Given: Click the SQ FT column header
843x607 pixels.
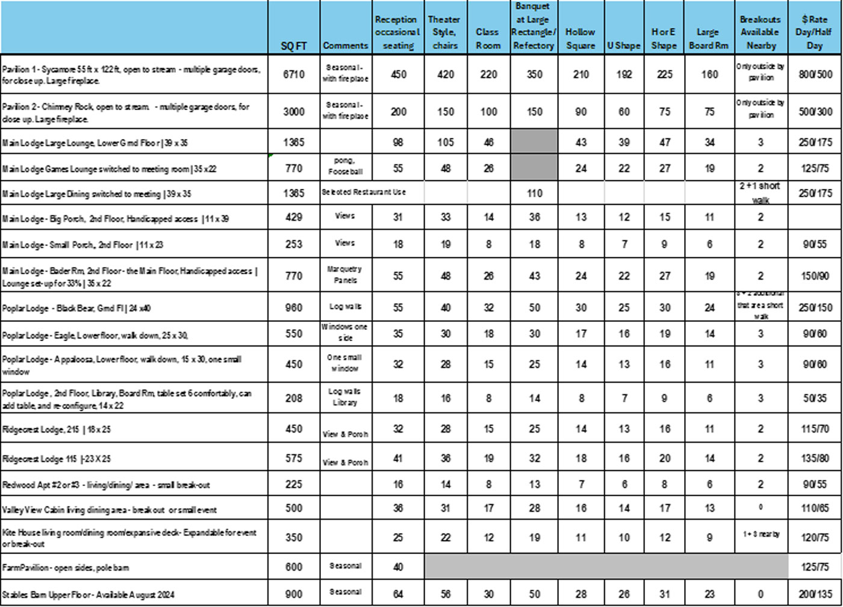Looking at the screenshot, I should click(294, 46).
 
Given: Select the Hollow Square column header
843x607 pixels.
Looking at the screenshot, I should click(580, 39).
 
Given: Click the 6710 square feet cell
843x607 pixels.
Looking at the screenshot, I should click(294, 74).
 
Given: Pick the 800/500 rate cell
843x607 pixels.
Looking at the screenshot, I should click(815, 74).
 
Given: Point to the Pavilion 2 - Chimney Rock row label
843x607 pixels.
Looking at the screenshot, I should click(125, 112).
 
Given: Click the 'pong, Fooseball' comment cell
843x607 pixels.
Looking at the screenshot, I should click(345, 166).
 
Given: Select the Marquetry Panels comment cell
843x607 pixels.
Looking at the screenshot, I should click(345, 274).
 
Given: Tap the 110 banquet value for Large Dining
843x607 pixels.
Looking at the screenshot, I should click(534, 193).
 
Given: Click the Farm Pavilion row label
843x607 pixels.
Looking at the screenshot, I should click(66, 567).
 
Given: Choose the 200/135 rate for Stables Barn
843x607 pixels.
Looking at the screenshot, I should click(815, 594).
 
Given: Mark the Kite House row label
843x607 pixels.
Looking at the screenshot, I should click(129, 538).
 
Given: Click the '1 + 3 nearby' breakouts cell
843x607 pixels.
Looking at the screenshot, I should click(761, 534).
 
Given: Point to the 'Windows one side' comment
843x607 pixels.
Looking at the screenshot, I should click(345, 332).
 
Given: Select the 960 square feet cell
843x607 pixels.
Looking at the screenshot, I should click(294, 307).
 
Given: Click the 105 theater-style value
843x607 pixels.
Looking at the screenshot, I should click(446, 142).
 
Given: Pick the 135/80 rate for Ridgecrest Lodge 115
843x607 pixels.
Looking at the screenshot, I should click(815, 458).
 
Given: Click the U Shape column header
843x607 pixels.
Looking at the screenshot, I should click(624, 46).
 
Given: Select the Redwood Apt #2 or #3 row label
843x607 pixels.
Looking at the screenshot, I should click(106, 484).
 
